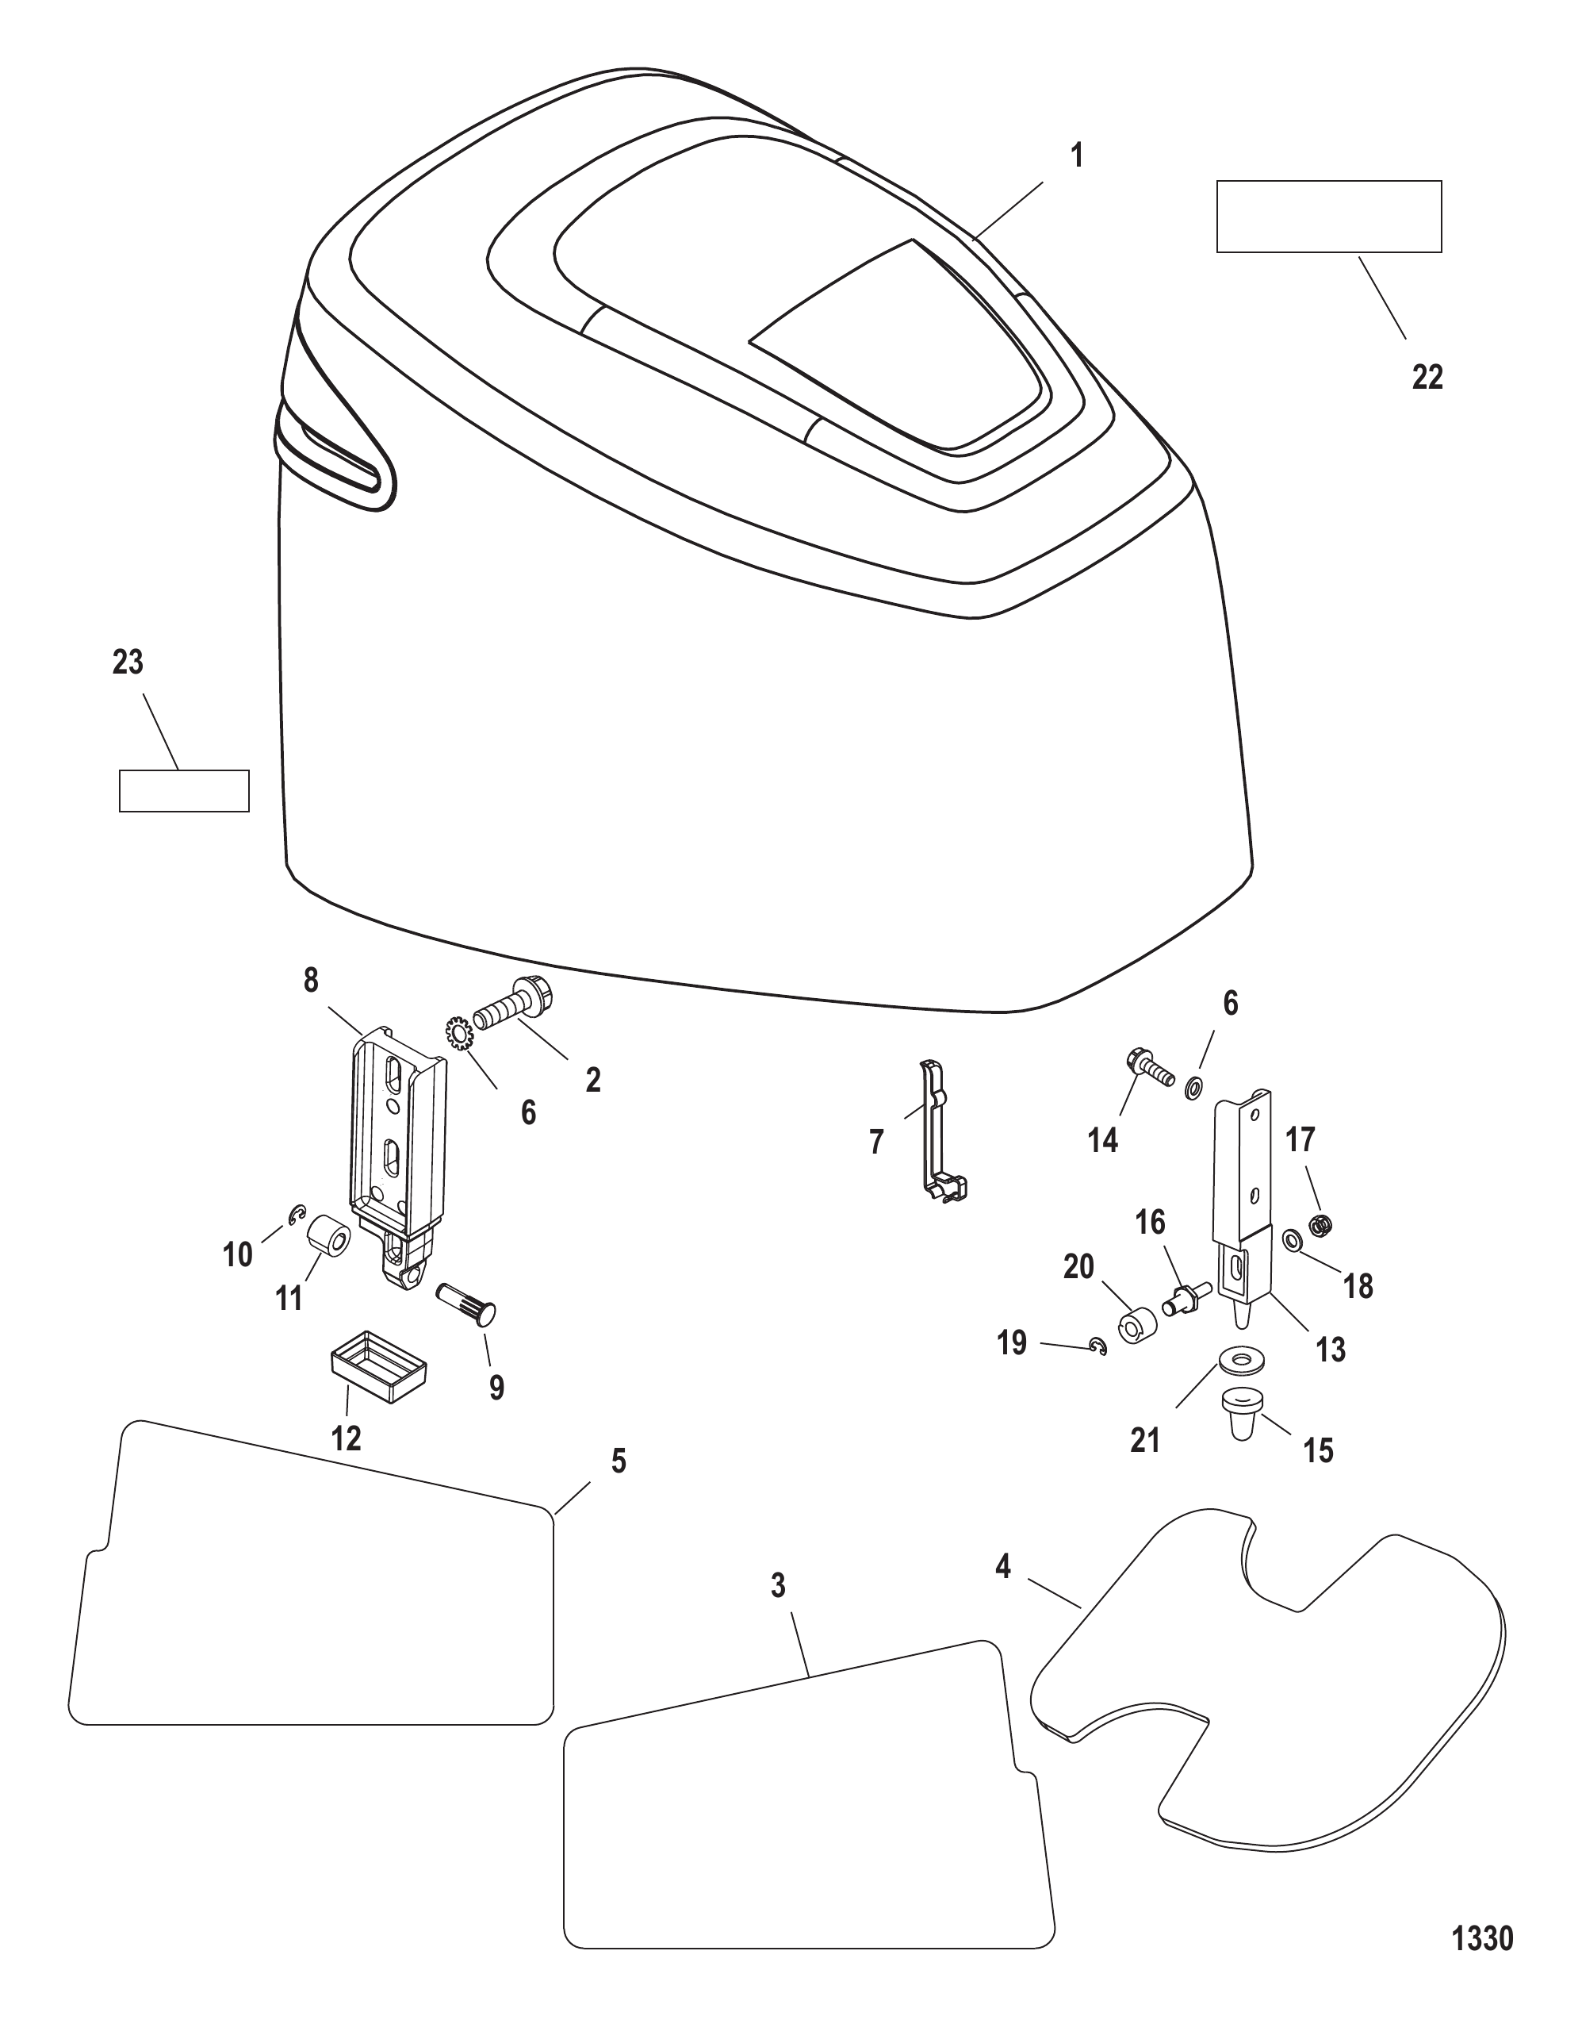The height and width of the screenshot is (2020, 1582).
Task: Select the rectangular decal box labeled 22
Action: pyautogui.click(x=1328, y=216)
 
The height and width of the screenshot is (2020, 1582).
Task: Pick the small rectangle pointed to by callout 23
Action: pyautogui.click(x=184, y=790)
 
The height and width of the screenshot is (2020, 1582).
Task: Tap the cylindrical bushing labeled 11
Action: pyautogui.click(x=329, y=1241)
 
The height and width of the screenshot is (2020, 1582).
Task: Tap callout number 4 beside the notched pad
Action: pyautogui.click(x=1003, y=1567)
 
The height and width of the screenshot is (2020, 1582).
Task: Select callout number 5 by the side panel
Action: pyautogui.click(x=619, y=1461)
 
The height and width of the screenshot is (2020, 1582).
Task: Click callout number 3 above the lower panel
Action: pyautogui.click(x=778, y=1585)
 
